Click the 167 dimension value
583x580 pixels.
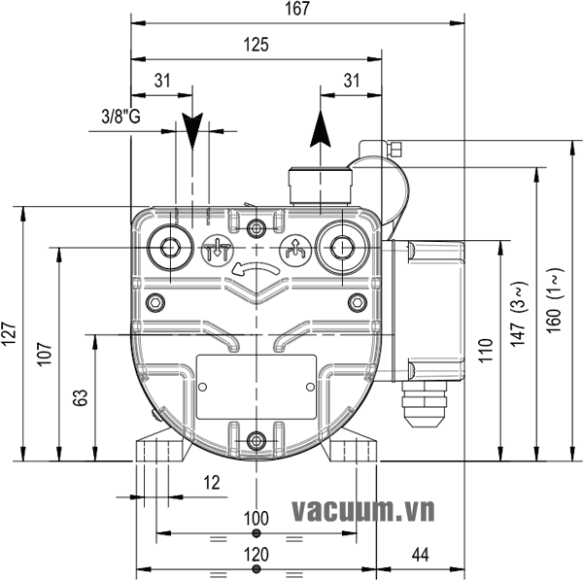(x=298, y=10)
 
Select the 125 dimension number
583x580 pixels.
(x=257, y=45)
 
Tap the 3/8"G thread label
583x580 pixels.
(x=121, y=118)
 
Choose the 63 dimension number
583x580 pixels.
(x=82, y=397)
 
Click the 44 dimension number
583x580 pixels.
(x=421, y=555)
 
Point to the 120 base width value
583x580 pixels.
(x=256, y=555)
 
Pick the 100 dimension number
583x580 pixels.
(x=256, y=519)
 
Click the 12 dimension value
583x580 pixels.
(x=212, y=483)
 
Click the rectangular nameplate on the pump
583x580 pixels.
(x=257, y=387)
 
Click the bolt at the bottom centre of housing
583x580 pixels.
(x=257, y=441)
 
